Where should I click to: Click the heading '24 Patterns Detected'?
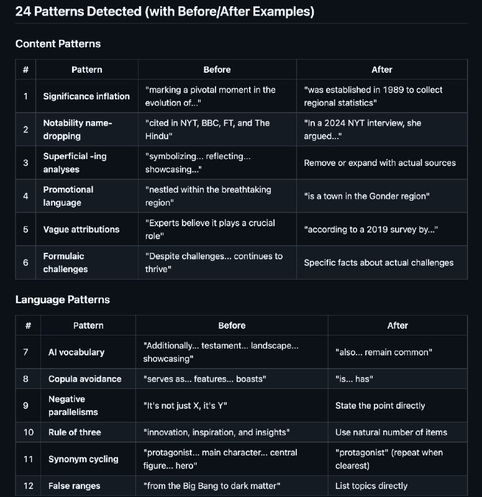click(x=165, y=12)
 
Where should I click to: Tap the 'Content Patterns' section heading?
click(x=58, y=43)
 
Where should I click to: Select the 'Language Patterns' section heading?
click(x=62, y=299)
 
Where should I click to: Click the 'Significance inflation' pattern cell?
click(x=86, y=96)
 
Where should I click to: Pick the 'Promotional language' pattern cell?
click(x=68, y=196)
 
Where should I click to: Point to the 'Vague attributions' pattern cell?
click(x=81, y=229)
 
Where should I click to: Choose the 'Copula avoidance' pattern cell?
click(x=84, y=379)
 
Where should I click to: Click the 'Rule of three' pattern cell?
click(x=75, y=432)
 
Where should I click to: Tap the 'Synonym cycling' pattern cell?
click(x=83, y=459)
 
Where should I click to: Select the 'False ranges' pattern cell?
click(x=74, y=486)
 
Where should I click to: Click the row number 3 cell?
click(x=25, y=163)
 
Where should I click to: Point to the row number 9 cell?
click(x=25, y=406)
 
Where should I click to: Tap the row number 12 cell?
click(x=28, y=486)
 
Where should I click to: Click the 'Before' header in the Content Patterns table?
click(x=217, y=70)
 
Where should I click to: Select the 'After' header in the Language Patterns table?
click(x=398, y=326)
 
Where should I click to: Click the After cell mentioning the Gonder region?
click(x=367, y=196)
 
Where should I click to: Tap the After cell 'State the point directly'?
click(x=380, y=406)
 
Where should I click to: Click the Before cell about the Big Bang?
click(x=214, y=486)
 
